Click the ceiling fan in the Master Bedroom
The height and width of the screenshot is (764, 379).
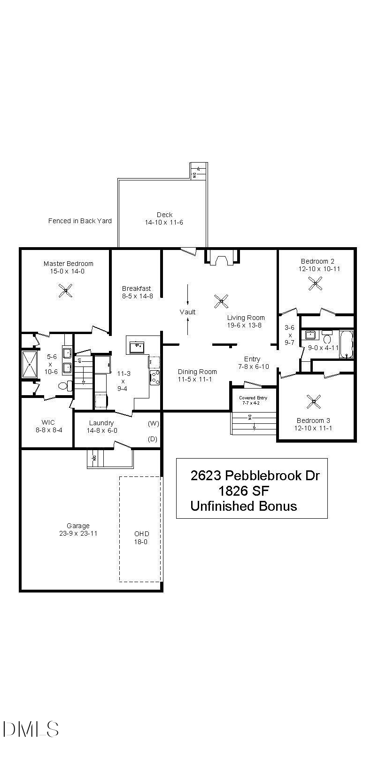pos(66,291)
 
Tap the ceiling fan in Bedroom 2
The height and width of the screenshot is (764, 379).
pos(316,283)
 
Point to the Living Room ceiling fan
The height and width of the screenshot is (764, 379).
pos(221,301)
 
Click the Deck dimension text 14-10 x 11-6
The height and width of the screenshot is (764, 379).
pos(164,222)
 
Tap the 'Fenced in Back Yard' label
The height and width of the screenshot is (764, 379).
pos(80,221)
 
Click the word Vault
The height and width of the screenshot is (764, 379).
pos(187,312)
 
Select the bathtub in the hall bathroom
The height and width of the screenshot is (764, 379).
pos(346,344)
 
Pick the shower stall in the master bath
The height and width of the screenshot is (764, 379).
pos(30,365)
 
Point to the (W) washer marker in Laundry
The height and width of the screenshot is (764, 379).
pos(153,423)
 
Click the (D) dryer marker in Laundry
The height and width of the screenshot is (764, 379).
pos(152,439)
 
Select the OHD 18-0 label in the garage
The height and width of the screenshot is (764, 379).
pos(141,538)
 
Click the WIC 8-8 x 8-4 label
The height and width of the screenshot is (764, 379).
pos(48,426)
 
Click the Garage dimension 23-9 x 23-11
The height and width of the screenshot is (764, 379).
pos(78,534)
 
